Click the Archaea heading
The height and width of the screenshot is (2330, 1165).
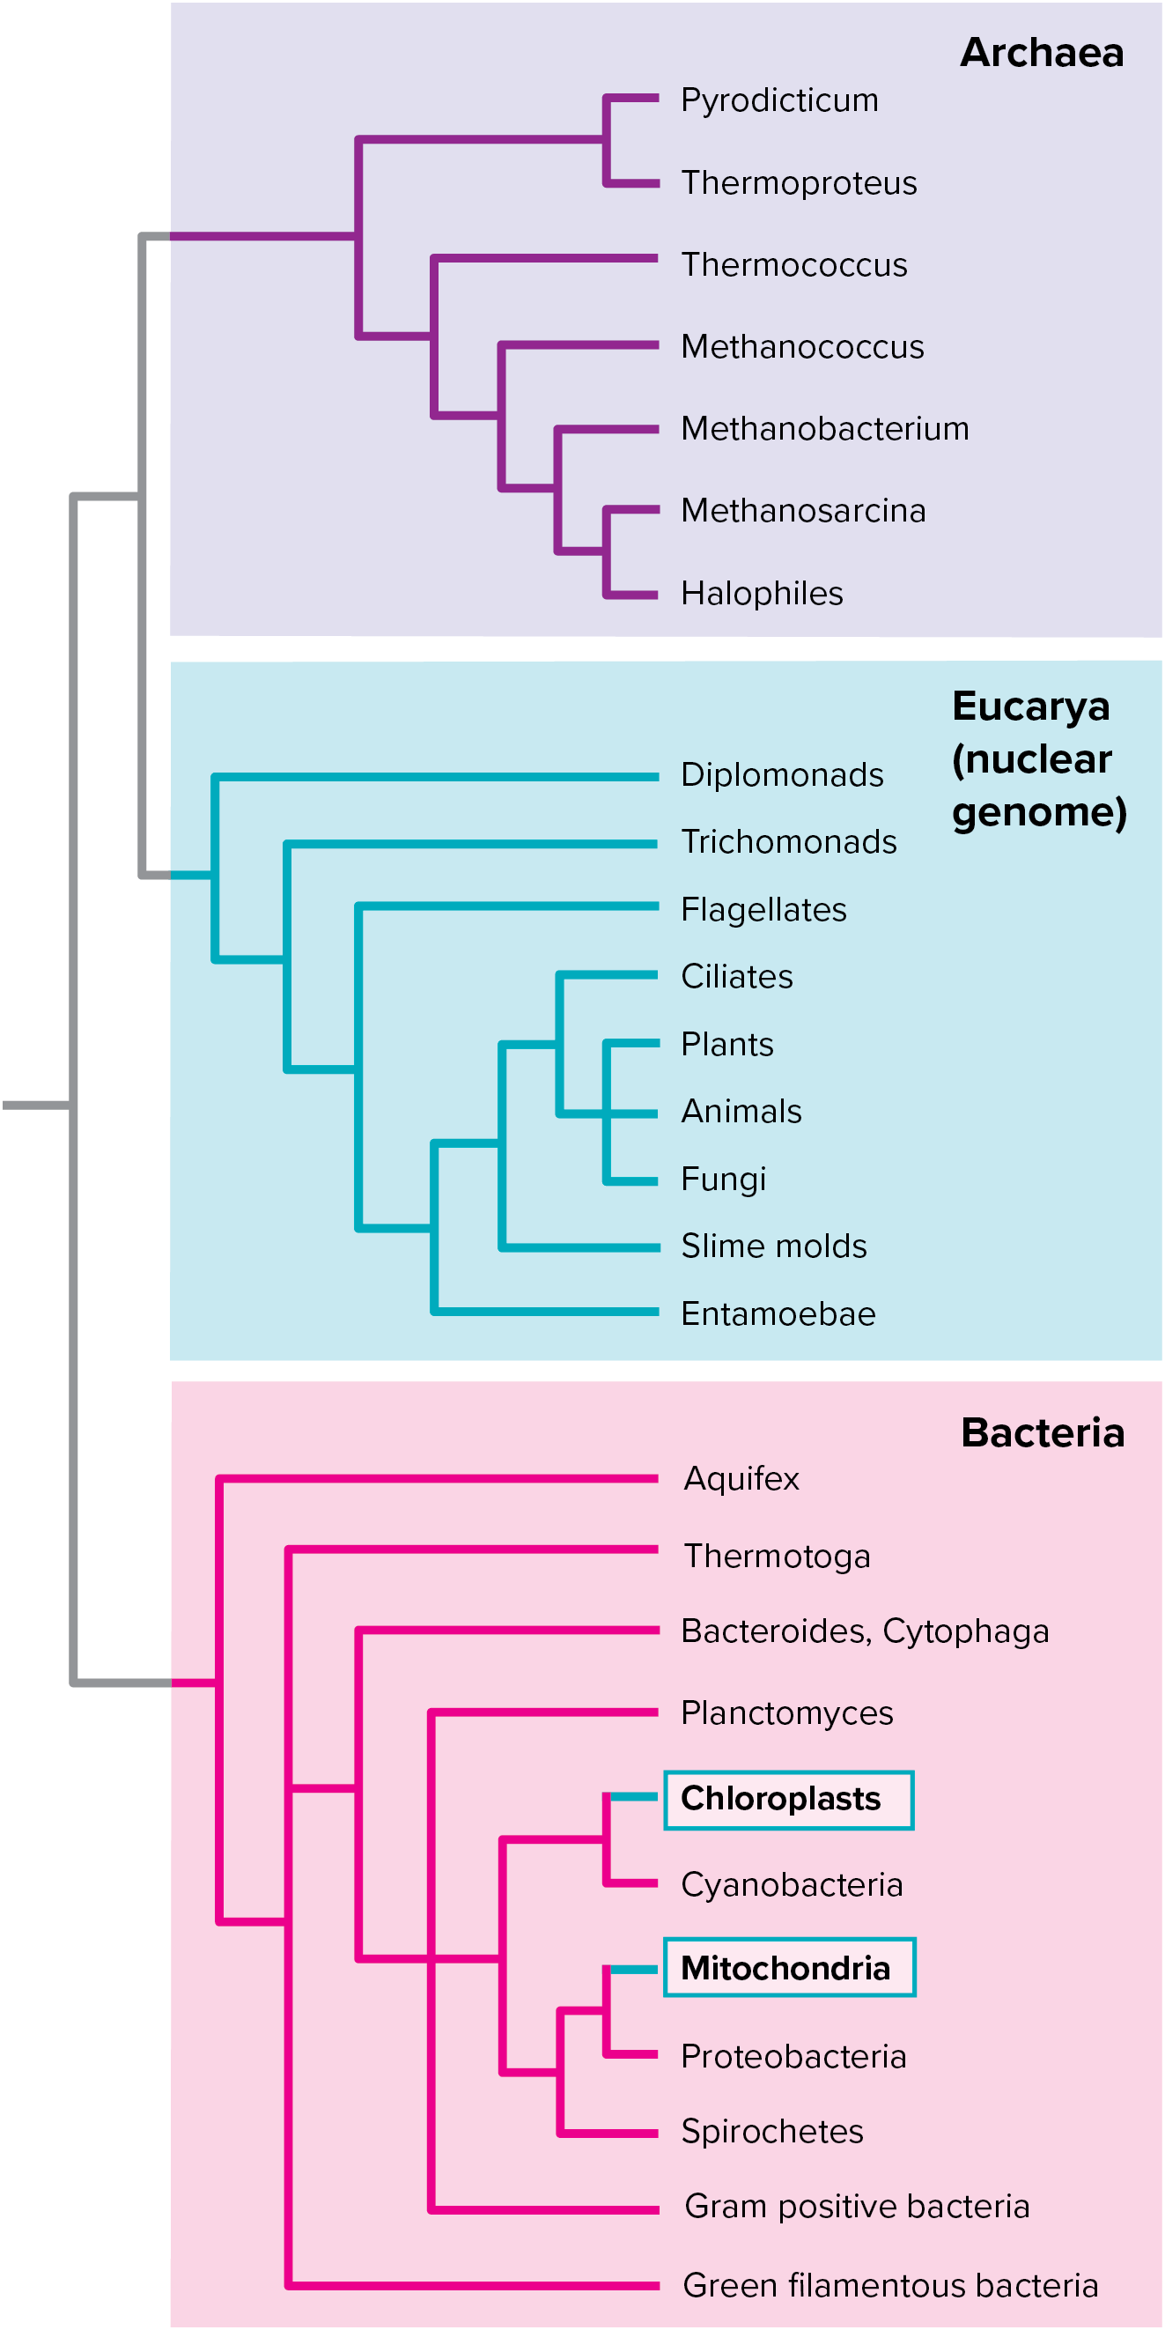(1041, 53)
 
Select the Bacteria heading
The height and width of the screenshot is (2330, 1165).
(1042, 1432)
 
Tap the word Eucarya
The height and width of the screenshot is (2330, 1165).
(1030, 706)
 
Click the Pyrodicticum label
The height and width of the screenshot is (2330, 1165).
(778, 100)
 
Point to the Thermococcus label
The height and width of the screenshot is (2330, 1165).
(793, 265)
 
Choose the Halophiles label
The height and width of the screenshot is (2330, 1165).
(762, 594)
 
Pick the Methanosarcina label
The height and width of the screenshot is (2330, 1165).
(803, 511)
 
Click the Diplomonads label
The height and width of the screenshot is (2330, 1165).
(781, 775)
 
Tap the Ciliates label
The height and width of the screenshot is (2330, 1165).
(736, 977)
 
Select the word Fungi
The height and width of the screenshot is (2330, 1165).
(723, 1180)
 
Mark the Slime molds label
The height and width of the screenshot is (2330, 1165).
(773, 1246)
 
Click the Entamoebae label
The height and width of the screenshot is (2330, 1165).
(778, 1314)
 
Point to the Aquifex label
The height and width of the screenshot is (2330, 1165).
(741, 1479)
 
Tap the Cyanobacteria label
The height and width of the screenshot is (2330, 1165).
(792, 1885)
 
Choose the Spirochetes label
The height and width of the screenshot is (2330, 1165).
(771, 2132)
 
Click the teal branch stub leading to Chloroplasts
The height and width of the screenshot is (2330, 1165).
(633, 1796)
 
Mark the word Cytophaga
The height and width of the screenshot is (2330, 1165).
(965, 1631)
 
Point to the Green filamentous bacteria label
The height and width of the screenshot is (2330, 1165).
(890, 2286)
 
